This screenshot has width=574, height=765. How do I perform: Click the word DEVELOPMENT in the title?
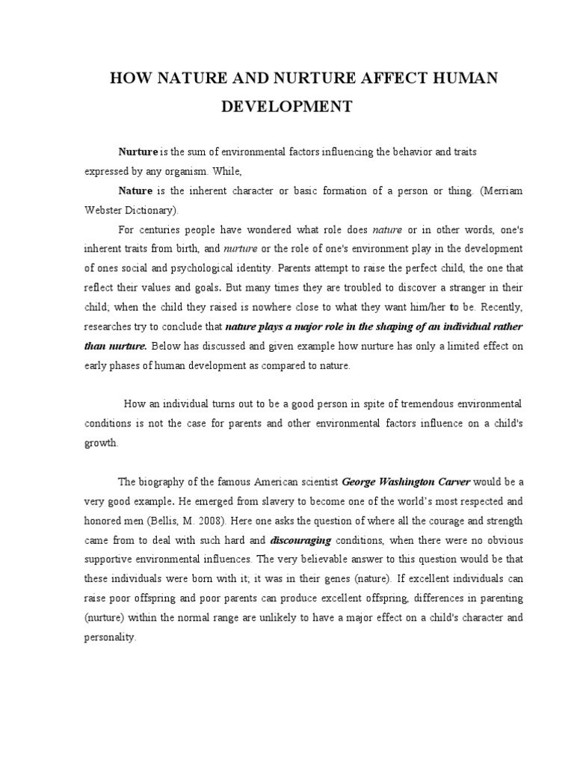click(286, 106)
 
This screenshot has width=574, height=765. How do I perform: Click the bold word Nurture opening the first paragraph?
click(138, 152)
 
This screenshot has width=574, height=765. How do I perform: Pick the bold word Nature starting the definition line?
click(135, 191)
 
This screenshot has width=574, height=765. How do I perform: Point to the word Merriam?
click(501, 191)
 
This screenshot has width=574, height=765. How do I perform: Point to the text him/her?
click(423, 306)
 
